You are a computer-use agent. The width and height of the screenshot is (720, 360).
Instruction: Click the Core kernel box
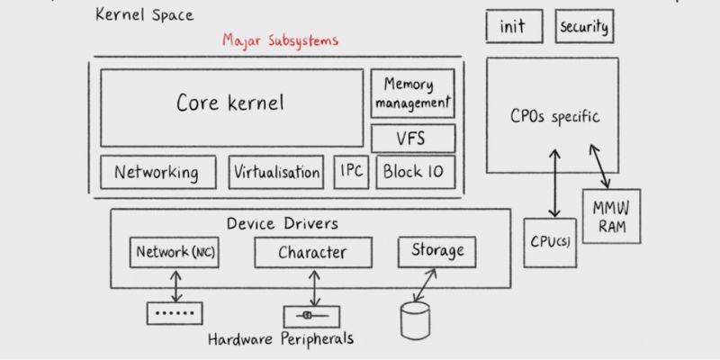pos(232,108)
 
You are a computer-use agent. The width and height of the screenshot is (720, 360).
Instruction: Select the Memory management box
pos(412,94)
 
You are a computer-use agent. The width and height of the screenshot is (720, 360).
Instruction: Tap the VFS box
pos(413,139)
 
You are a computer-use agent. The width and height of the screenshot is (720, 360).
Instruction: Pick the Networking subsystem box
pos(158,172)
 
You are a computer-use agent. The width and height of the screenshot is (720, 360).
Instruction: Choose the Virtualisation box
pos(276,172)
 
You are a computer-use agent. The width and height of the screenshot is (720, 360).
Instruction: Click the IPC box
pos(351,172)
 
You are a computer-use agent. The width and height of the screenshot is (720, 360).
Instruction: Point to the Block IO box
pos(416,172)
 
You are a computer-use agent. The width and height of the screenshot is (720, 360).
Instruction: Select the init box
pos(514,26)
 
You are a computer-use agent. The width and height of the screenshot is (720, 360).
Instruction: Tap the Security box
pos(584,26)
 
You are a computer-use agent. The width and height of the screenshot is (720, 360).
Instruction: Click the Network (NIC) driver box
pos(175,253)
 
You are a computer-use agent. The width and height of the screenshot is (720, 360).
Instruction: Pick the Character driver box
pos(313,253)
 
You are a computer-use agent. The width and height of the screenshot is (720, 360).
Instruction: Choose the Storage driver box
pos(436,252)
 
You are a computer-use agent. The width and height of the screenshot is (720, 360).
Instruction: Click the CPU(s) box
pos(550,243)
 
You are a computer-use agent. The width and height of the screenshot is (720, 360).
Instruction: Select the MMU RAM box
pos(611,216)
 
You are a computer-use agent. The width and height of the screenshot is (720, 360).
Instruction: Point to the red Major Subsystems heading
pos(281,40)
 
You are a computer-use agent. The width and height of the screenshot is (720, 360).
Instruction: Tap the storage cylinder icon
pos(415,320)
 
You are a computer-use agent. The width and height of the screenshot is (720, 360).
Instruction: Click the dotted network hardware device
pos(175,313)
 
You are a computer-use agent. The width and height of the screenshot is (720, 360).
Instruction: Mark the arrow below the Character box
pos(314,288)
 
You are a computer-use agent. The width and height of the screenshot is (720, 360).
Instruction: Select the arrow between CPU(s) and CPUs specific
pos(555,183)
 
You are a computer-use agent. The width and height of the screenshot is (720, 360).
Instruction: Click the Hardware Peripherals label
pos(281,339)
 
